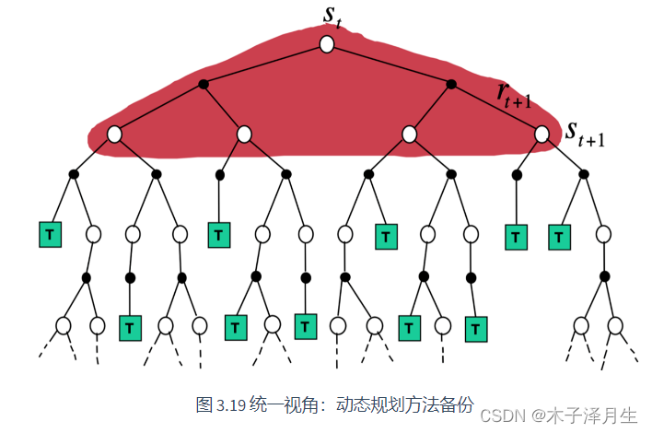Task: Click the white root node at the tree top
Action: [x=326, y=43]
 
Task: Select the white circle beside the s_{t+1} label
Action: [x=541, y=135]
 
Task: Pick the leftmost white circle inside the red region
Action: [x=114, y=135]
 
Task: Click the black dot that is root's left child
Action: [x=204, y=85]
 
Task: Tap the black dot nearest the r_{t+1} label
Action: [x=451, y=85]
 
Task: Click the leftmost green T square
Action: [x=50, y=234]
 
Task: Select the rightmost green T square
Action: [x=559, y=237]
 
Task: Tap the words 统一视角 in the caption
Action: [x=286, y=404]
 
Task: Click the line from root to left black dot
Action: [x=265, y=64]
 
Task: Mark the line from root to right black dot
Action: [x=389, y=64]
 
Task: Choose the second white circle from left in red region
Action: [x=244, y=135]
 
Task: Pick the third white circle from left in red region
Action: [x=409, y=135]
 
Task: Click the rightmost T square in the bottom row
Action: [x=475, y=329]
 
